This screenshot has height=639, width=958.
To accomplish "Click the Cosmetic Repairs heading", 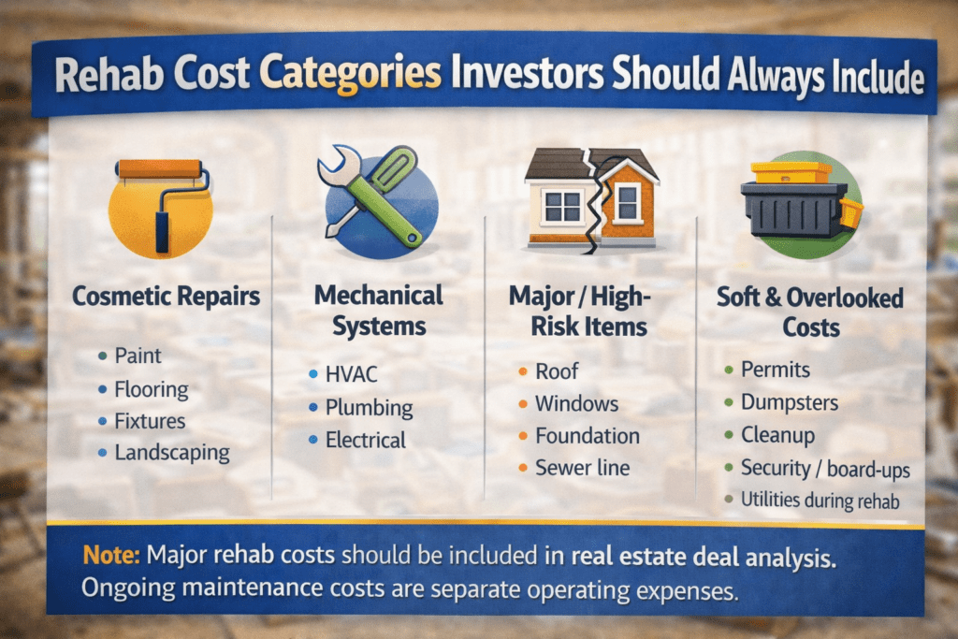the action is tap(167, 297).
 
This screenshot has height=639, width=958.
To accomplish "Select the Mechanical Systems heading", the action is tap(379, 311).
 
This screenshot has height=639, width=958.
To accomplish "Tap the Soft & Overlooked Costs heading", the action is tap(810, 312).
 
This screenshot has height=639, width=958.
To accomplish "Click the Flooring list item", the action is tap(152, 389).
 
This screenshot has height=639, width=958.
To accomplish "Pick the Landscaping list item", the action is tap(172, 453).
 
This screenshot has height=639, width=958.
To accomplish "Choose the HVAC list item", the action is tap(352, 374).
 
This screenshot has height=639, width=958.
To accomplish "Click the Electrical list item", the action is tap(366, 440).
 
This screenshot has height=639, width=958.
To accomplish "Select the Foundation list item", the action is tap(588, 436).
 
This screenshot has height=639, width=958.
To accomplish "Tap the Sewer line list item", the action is tap(582, 468).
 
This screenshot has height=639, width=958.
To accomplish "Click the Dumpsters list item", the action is tap(790, 402).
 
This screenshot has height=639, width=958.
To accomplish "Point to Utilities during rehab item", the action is tap(820, 501).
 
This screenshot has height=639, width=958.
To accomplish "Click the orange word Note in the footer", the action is tap(111, 555).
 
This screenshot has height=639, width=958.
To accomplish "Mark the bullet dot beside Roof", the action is tap(523, 371).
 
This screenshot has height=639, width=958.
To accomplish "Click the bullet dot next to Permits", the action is tap(728, 370).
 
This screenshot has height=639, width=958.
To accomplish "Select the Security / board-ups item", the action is tap(825, 469).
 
